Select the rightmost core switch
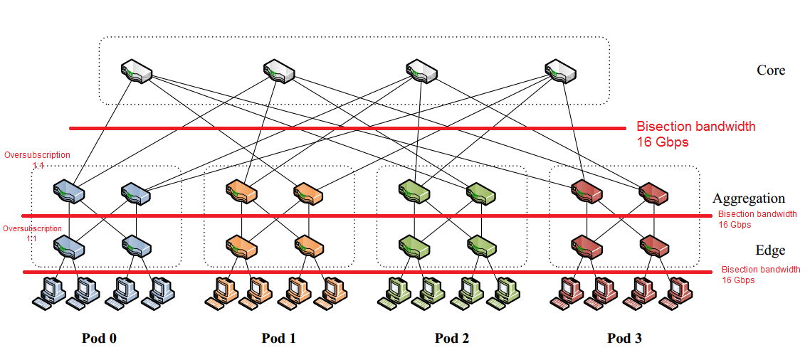(x=560, y=72)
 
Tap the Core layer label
(x=771, y=70)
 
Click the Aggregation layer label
(x=749, y=198)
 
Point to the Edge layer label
(x=770, y=250)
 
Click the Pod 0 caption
(x=99, y=339)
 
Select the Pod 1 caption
(x=278, y=339)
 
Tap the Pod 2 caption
(x=452, y=339)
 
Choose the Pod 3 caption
(x=624, y=339)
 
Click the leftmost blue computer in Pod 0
(x=48, y=292)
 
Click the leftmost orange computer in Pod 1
(x=221, y=292)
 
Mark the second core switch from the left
(x=278, y=72)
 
